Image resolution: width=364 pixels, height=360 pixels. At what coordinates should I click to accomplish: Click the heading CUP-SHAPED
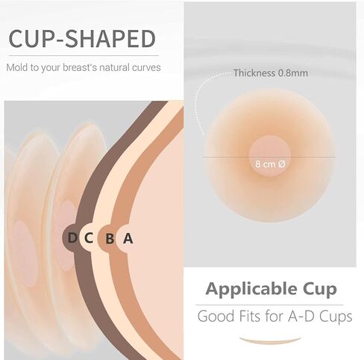(81, 38)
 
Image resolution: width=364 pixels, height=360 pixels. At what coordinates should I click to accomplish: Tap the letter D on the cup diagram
(72, 238)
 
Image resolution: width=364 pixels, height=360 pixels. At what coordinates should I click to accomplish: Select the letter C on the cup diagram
(90, 238)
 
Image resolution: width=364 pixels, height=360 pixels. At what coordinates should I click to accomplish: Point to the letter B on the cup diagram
(110, 238)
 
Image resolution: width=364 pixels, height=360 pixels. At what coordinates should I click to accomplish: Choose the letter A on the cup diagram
(128, 238)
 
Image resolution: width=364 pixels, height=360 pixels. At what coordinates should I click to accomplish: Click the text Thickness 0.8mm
(270, 73)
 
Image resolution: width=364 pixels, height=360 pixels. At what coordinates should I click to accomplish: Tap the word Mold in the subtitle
(18, 67)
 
